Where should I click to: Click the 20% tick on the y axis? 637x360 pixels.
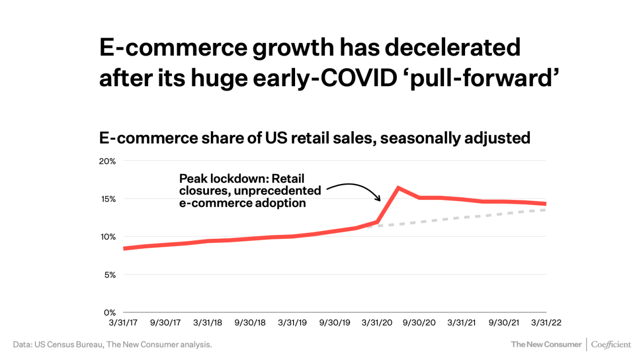[108, 161]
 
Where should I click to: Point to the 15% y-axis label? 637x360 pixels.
[108, 199]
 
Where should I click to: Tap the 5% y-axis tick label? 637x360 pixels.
[110, 275]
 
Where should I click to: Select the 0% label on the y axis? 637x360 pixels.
[110, 313]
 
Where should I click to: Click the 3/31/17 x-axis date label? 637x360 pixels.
[124, 323]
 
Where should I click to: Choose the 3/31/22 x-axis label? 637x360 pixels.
[546, 323]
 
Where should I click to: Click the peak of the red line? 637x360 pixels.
[398, 187]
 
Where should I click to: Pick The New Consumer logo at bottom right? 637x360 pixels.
[546, 345]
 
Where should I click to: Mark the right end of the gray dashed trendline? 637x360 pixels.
[545, 210]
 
